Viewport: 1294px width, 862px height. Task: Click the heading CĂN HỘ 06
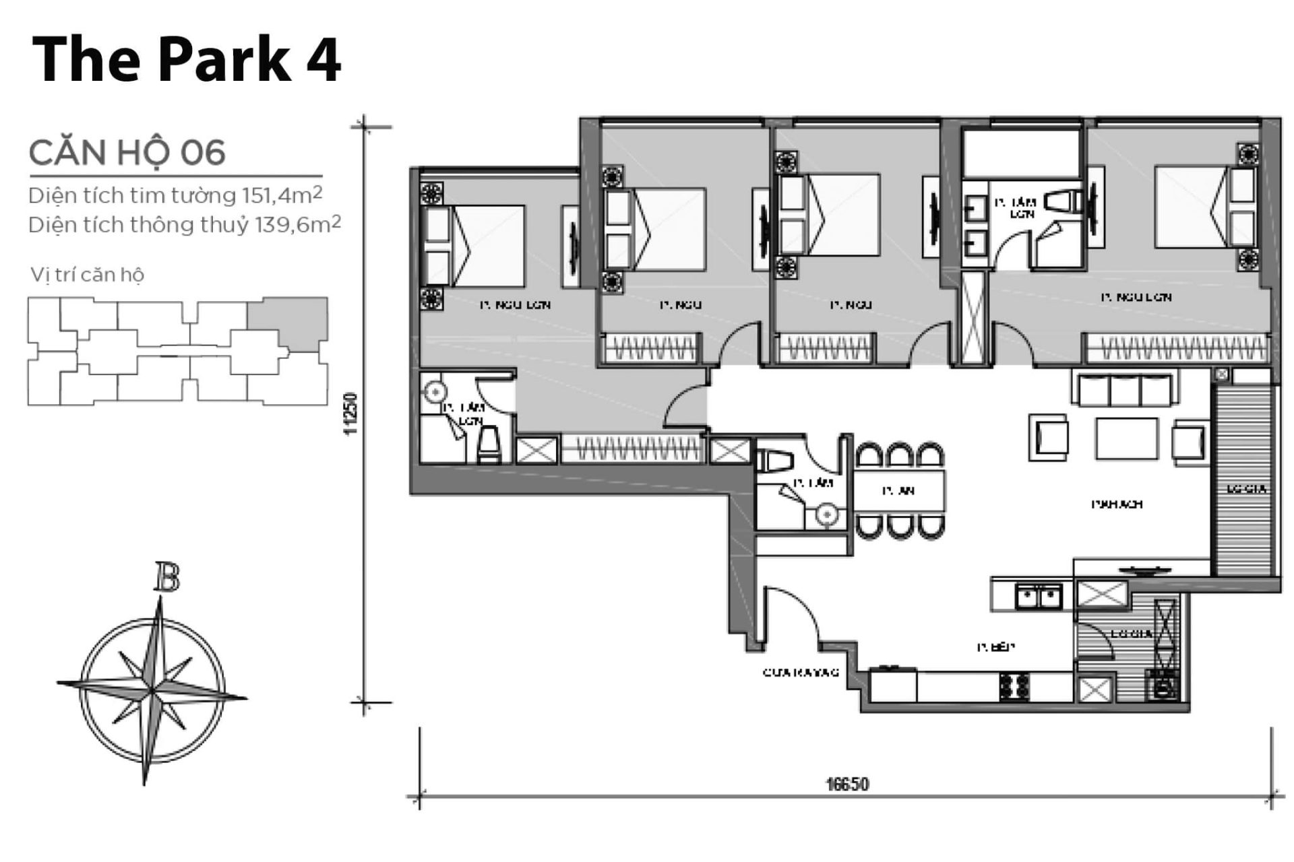[x=127, y=153]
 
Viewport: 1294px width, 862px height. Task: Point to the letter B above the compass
[x=166, y=578]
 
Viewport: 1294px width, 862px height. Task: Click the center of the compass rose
[x=152, y=690]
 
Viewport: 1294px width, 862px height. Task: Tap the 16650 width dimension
[x=847, y=784]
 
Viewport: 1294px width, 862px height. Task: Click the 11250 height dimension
[x=350, y=413]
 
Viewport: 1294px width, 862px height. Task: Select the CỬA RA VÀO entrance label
[x=801, y=672]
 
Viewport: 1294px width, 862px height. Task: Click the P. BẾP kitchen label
[x=995, y=647]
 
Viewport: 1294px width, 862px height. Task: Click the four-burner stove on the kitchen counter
[x=1014, y=686]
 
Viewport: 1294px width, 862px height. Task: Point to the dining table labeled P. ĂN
[x=899, y=491]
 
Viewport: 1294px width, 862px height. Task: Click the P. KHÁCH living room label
[x=1117, y=504]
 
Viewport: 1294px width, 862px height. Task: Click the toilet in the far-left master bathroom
[x=489, y=446]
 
